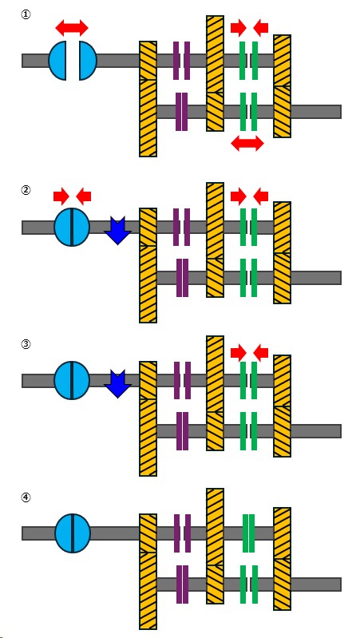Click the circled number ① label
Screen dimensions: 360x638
26,15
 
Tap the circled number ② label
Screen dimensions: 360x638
26,190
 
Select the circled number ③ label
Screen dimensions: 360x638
26,344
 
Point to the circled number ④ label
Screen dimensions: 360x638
26,497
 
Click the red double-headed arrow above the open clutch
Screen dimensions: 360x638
72,28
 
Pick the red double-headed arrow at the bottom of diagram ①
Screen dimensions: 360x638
247,143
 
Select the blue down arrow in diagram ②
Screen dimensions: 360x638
117,231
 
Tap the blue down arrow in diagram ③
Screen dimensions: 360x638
117,384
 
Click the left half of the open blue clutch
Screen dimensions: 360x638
57,61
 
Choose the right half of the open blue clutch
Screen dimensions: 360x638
88,61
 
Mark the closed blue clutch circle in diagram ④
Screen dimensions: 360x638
73,533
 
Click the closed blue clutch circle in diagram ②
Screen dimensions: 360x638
72,227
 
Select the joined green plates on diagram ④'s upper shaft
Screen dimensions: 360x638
248,533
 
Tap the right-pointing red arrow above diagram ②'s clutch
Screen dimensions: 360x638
61,197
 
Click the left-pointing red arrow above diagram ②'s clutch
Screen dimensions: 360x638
83,197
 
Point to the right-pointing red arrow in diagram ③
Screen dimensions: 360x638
239,352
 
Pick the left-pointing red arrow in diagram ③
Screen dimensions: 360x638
261,352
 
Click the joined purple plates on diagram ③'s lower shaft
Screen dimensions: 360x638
182,431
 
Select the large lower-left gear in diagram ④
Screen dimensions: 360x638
148,591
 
